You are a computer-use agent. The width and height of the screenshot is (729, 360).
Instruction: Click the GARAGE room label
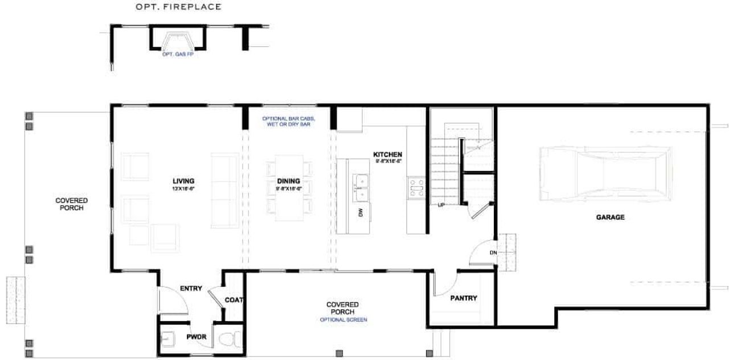(610, 217)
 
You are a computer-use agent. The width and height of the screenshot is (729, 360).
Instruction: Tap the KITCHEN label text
(388, 154)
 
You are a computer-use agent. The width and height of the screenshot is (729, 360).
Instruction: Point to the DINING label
(288, 181)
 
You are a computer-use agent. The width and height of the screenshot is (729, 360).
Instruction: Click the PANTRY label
(463, 298)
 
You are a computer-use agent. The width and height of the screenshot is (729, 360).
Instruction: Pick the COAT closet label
(234, 300)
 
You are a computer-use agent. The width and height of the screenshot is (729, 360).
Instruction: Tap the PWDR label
(196, 337)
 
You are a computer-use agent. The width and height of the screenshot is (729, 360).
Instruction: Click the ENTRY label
(191, 289)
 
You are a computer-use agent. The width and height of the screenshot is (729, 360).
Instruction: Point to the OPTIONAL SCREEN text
(343, 320)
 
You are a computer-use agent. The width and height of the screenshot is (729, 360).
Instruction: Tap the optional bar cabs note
(288, 121)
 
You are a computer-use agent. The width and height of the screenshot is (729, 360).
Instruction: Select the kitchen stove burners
(415, 188)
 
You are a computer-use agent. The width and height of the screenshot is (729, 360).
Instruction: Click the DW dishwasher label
(361, 212)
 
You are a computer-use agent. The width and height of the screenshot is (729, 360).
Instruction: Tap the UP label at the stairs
(441, 205)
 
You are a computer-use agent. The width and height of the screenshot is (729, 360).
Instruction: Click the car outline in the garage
(605, 173)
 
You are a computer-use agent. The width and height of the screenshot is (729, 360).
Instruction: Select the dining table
(289, 188)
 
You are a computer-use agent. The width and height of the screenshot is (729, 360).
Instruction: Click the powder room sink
(169, 338)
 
